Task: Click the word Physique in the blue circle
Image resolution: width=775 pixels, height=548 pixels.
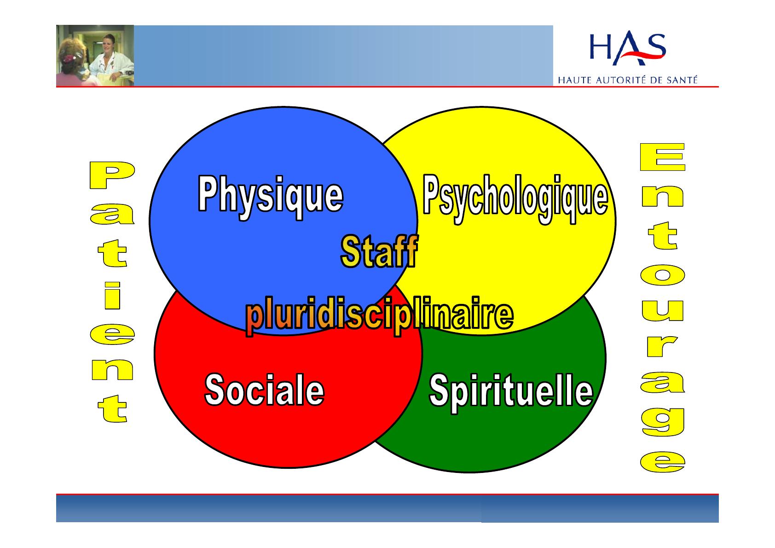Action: (x=271, y=197)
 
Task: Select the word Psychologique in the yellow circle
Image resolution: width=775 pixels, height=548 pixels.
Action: (x=515, y=198)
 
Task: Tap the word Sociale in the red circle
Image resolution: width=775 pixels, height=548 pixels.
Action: (x=265, y=390)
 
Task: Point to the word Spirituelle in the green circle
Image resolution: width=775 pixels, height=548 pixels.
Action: (x=511, y=392)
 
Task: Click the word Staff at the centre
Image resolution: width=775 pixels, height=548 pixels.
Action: (x=380, y=251)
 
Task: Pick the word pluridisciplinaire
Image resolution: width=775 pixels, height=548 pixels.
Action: (x=380, y=316)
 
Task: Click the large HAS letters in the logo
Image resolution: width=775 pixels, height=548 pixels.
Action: (x=628, y=48)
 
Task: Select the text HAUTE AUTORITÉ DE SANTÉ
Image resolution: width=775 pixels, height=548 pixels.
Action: (x=628, y=80)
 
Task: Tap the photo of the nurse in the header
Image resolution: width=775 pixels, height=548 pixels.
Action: (x=95, y=55)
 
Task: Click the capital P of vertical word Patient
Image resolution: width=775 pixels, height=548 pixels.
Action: (x=112, y=175)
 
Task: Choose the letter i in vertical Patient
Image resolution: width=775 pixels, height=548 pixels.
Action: (x=112, y=295)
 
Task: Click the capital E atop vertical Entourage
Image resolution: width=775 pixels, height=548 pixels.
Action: (x=663, y=157)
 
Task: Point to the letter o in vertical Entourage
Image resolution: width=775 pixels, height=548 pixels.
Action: (x=663, y=275)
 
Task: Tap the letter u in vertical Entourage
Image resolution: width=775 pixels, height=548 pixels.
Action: (x=663, y=310)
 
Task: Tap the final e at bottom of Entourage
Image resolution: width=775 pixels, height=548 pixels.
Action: (x=663, y=462)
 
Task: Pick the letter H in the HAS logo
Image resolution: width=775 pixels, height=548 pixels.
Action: (x=600, y=47)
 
